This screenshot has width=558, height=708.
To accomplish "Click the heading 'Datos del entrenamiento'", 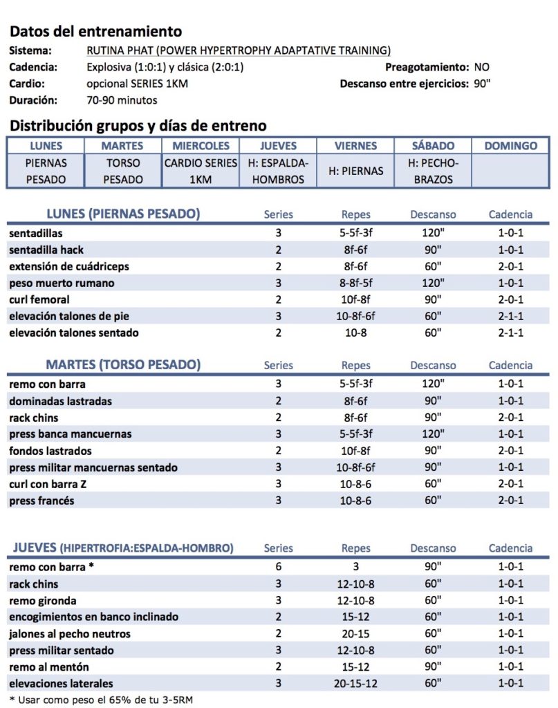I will pyautogui.click(x=96, y=31).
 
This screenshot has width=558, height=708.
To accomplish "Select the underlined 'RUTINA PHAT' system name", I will pyautogui.click(x=239, y=50).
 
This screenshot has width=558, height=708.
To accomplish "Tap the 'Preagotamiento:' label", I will pyautogui.click(x=427, y=67).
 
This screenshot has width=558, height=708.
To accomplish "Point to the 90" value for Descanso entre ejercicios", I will pyautogui.click(x=483, y=84).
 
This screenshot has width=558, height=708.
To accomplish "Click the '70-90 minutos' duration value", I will pyautogui.click(x=122, y=100).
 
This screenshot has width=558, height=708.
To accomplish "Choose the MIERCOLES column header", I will pyautogui.click(x=201, y=146).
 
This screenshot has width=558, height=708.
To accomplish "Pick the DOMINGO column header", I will pyautogui.click(x=511, y=146).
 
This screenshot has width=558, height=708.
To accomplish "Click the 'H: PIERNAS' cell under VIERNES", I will pyautogui.click(x=355, y=171).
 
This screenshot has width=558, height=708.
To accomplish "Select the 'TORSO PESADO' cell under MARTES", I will pyautogui.click(x=122, y=171).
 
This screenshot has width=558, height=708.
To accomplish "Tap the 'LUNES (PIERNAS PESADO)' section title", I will pyautogui.click(x=122, y=214).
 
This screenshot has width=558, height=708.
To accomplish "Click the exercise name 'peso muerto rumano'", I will pyautogui.click(x=62, y=283).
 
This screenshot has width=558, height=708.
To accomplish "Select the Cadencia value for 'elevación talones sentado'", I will pyautogui.click(x=510, y=333).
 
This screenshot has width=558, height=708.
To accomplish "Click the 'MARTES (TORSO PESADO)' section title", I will pyautogui.click(x=123, y=365).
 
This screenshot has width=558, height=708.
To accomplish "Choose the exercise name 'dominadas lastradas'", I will pyautogui.click(x=61, y=401).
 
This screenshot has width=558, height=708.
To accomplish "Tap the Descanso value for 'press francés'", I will pyautogui.click(x=433, y=501).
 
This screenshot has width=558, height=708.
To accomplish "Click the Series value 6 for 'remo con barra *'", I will pyautogui.click(x=278, y=567).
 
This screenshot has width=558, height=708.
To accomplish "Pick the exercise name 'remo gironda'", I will pyautogui.click(x=43, y=600).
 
